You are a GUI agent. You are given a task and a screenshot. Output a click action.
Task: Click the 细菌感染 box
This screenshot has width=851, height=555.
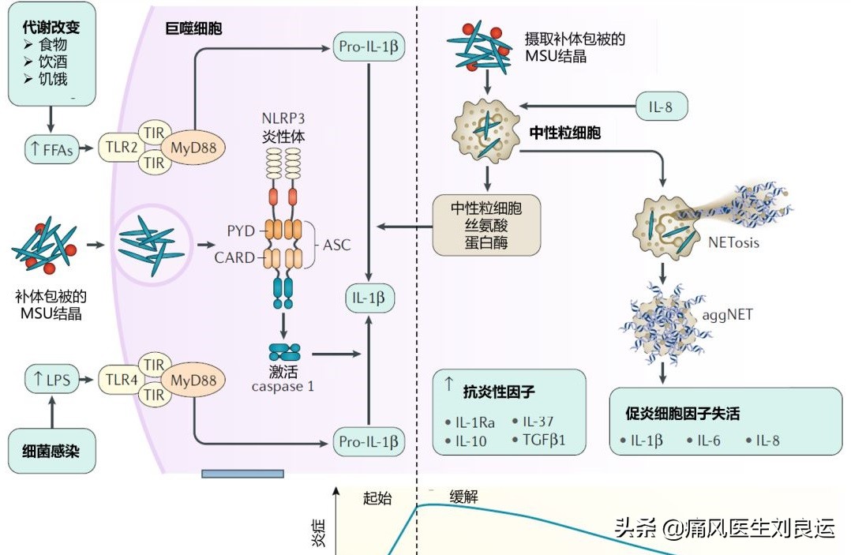point(51,452)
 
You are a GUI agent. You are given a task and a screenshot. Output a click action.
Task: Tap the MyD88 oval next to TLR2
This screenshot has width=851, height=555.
point(193,148)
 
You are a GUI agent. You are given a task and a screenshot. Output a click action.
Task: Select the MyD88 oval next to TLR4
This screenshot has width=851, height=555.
point(193,380)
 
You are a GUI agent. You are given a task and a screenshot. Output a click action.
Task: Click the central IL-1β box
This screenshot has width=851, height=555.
point(369,298)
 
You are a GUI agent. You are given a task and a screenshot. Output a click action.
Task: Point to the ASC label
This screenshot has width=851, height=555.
point(336,245)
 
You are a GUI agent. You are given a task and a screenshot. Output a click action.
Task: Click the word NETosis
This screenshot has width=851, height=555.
point(734,242)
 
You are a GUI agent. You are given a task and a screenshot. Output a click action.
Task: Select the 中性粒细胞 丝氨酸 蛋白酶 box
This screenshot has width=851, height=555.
point(486,225)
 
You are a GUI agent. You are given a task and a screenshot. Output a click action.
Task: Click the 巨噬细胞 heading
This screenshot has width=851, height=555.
point(193,29)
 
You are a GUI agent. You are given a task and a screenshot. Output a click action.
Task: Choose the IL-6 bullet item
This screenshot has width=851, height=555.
point(703,441)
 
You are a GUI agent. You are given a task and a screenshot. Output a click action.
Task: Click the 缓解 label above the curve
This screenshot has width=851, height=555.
point(464,497)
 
